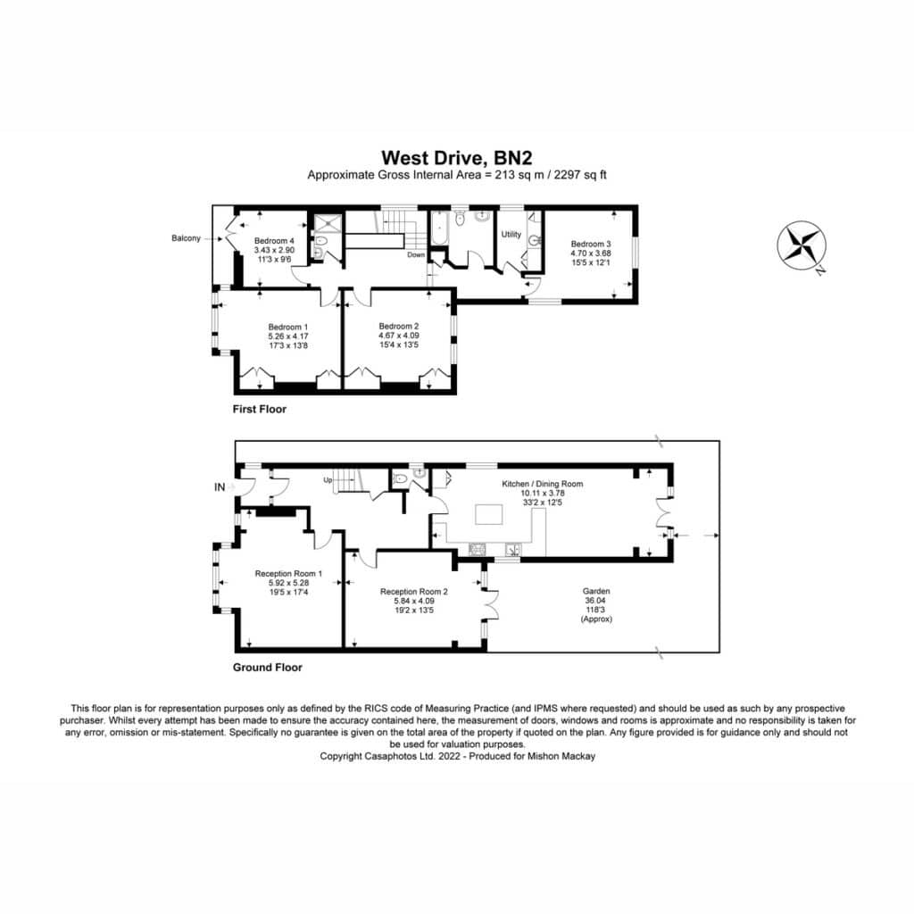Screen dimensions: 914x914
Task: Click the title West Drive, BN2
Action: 456,158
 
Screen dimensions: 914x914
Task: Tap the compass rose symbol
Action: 802,245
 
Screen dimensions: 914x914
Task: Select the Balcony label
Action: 186,238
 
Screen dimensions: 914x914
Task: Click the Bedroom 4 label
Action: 274,241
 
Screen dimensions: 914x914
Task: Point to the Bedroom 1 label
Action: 288,327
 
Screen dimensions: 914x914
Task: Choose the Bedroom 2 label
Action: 399,327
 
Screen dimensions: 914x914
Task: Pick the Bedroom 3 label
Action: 591,245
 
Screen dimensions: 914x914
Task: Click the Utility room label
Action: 511,235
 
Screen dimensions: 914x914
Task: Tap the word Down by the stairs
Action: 416,254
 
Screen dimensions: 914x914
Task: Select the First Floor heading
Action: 260,409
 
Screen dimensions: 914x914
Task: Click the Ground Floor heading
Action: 268,668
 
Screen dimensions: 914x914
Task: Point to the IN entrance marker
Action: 220,487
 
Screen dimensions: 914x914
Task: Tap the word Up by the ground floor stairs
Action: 328,480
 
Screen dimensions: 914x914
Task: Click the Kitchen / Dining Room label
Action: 542,484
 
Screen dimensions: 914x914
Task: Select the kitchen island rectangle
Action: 489,515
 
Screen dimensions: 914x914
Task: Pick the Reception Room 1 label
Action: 288,574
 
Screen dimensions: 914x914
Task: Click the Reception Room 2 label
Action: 414,592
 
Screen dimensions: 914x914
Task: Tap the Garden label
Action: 596,591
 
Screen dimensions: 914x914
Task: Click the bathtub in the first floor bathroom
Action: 437,228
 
